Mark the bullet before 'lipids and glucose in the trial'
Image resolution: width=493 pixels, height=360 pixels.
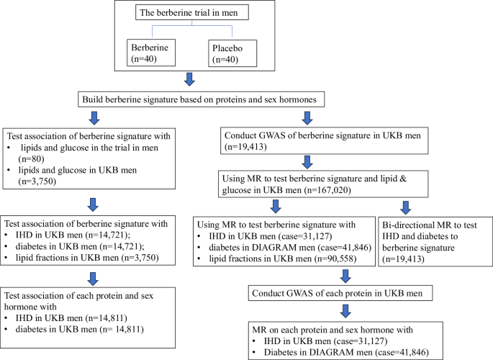pos(9,147)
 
